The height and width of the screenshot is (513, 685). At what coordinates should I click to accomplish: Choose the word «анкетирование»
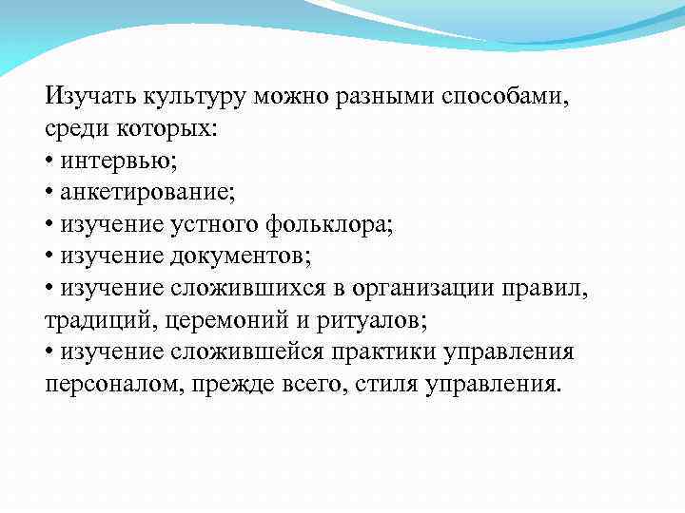(x=147, y=193)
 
